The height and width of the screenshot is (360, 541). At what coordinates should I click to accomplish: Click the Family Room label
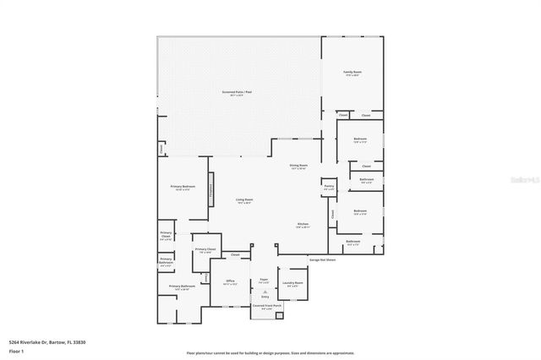point(352,74)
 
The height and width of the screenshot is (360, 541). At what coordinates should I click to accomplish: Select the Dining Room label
point(298,166)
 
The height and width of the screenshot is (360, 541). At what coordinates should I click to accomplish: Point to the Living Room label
point(244,200)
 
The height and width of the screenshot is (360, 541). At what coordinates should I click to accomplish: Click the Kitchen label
point(303,225)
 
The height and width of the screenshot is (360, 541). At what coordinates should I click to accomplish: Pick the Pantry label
point(329,187)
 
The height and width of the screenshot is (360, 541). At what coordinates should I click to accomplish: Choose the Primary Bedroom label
point(183,187)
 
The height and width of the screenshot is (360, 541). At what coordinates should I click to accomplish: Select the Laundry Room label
point(293,284)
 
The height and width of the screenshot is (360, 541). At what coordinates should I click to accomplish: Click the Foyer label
point(264,280)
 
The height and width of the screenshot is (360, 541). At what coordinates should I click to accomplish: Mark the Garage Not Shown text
point(322,259)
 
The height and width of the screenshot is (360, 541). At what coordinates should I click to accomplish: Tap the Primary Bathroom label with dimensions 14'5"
point(182,287)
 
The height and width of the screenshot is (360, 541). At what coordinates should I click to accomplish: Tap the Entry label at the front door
point(265,297)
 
